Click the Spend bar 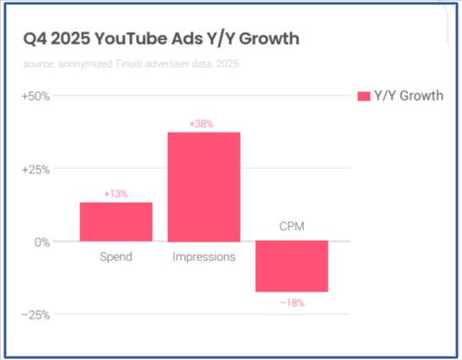tap(116, 221)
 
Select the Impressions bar tap(204, 187)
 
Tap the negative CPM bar tap(291, 266)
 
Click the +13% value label tap(116, 194)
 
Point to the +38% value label tap(204, 123)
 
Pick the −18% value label tap(291, 302)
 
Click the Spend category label tap(116, 256)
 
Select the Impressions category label tap(204, 256)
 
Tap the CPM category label tap(291, 226)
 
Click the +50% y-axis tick tap(35, 95)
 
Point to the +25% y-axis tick tap(35, 168)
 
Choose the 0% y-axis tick tap(41, 242)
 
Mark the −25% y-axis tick tap(35, 314)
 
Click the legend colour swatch tap(365, 95)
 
